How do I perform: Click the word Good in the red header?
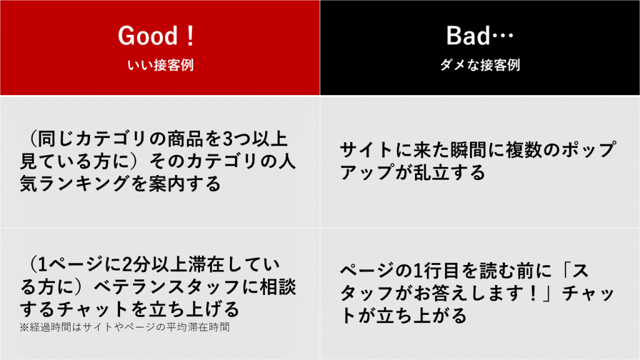(147, 36)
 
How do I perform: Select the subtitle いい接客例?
(161, 65)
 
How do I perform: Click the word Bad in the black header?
(467, 36)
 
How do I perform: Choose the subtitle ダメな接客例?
(480, 65)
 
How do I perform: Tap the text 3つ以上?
(255, 139)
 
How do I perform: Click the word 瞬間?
(469, 150)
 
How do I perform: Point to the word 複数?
(524, 150)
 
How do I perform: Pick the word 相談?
(278, 287)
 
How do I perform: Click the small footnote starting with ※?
(124, 327)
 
